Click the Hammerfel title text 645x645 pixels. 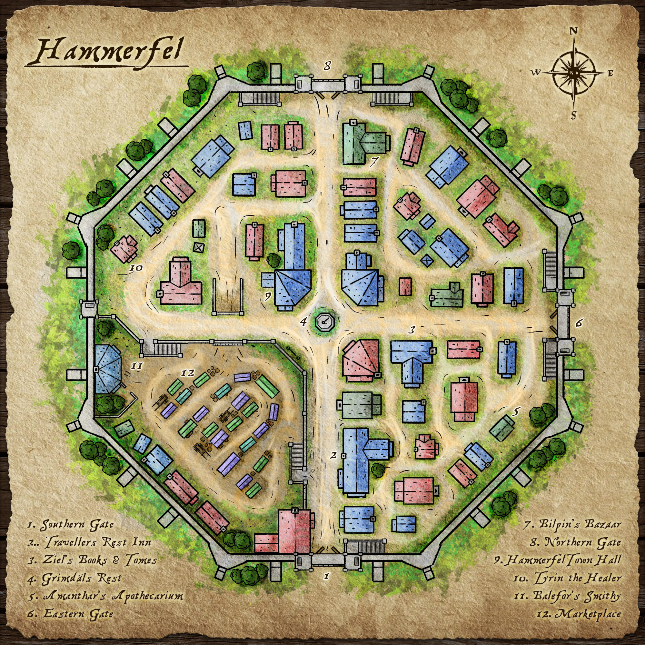(108, 53)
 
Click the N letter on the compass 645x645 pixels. (573, 31)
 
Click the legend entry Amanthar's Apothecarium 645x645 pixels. (105, 596)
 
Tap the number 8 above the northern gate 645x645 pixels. (327, 66)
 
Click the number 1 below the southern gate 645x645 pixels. (327, 576)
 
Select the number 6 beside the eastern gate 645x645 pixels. (579, 322)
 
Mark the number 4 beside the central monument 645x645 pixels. (303, 322)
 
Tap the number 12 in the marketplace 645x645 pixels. (187, 372)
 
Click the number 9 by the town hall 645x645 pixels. (267, 296)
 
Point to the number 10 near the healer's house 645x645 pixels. (136, 268)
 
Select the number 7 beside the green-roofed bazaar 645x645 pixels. (374, 161)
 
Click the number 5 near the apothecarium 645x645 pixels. (516, 412)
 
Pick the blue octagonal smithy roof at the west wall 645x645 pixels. (107, 369)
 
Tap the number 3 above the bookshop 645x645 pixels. (412, 330)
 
